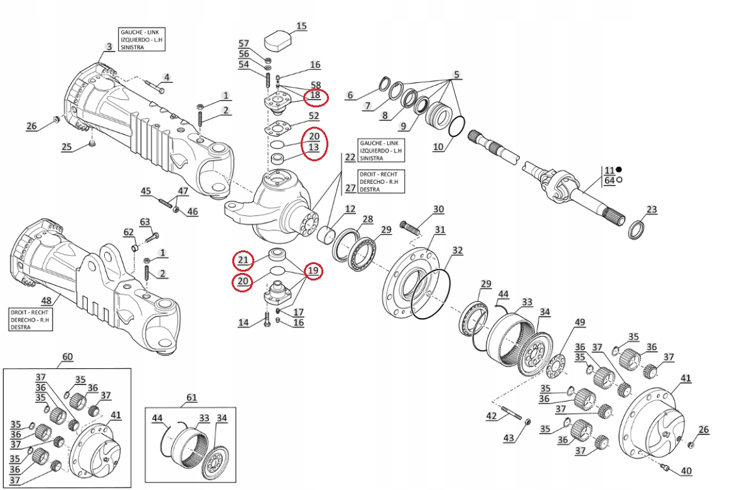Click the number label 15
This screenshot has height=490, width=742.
tap(301, 26)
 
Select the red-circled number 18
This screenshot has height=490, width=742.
tap(315, 95)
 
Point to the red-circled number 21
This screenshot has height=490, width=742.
tap(243, 260)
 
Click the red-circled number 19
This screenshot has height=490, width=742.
tap(313, 271)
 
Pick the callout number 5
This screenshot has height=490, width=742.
tap(457, 75)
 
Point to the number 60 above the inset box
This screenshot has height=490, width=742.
tap(67, 358)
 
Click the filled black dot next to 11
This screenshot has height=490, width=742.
tap(619, 169)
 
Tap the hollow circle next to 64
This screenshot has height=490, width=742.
tap(619, 181)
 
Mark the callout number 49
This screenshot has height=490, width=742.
tap(579, 322)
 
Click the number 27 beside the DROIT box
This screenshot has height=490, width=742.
tap(350, 188)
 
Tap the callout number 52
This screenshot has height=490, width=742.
tap(313, 116)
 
